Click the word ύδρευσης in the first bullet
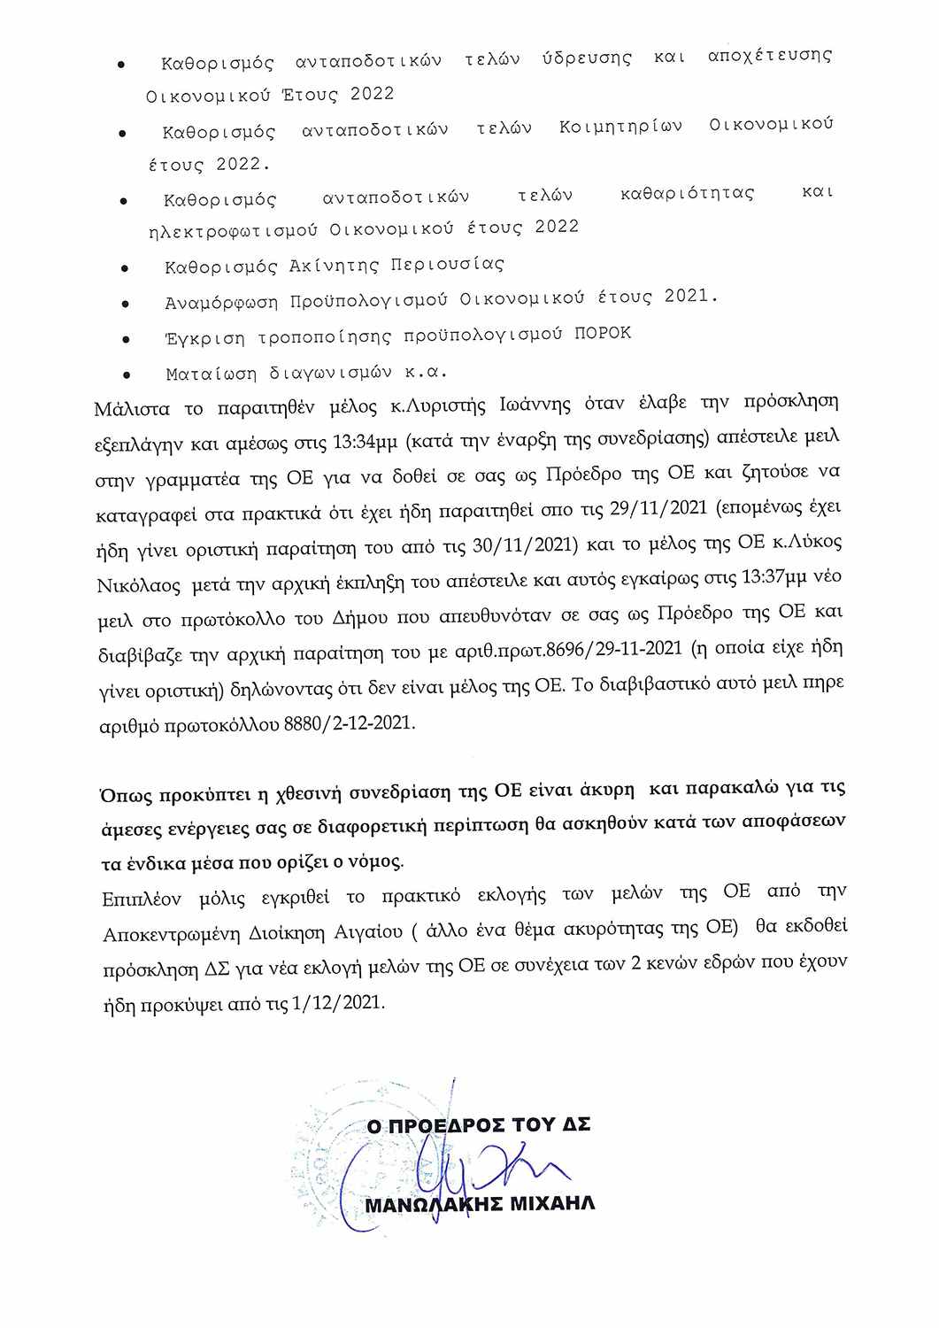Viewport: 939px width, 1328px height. (x=587, y=58)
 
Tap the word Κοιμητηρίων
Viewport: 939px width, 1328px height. (x=620, y=127)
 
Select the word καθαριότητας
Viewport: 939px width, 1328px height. (x=687, y=193)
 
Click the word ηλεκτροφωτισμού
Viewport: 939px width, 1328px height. (x=233, y=231)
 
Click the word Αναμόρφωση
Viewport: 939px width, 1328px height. (x=221, y=303)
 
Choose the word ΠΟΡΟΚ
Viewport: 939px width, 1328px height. (x=603, y=333)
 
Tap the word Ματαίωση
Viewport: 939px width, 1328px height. (x=211, y=374)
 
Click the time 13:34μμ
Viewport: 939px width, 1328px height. (x=363, y=442)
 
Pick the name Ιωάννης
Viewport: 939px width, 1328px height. (x=535, y=405)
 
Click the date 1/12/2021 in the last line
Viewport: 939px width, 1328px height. (x=337, y=1003)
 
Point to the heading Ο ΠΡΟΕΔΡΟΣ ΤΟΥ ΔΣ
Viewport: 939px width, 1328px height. (x=479, y=1125)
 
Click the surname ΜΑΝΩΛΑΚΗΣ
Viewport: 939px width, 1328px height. (x=435, y=1204)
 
